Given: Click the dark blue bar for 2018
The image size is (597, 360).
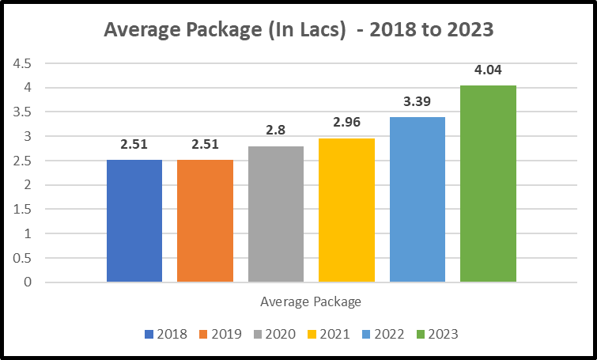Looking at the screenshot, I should (x=134, y=221).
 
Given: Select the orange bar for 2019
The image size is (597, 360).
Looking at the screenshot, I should (x=205, y=221).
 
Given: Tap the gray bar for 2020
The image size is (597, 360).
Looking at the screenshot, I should (x=276, y=214).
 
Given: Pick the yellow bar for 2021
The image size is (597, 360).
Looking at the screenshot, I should (x=346, y=210).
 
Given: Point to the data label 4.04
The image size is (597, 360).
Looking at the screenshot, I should (x=488, y=70).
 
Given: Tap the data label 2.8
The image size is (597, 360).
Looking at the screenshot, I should (x=276, y=131).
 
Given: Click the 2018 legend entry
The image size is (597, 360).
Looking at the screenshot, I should (x=166, y=334).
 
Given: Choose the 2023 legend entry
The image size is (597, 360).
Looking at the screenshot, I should (x=435, y=334).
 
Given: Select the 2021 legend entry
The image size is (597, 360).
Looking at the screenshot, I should (x=326, y=334).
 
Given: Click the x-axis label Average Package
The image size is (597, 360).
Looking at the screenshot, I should (x=311, y=301).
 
